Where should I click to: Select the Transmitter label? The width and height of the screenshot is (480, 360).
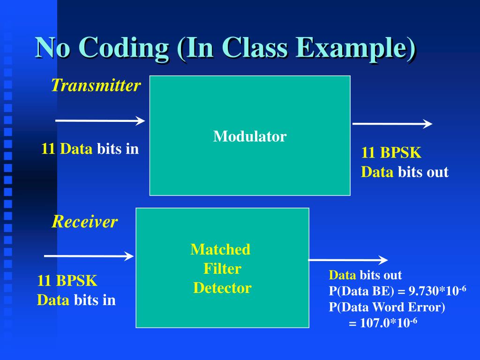tap(96, 85)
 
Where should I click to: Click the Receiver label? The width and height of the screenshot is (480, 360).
tap(84, 222)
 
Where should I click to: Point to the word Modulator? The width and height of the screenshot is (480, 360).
tap(250, 136)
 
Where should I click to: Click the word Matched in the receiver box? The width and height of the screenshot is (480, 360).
tap(220, 249)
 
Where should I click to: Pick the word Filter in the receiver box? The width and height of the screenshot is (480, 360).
tap(222, 269)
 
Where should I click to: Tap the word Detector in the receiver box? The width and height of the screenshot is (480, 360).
tap(222, 288)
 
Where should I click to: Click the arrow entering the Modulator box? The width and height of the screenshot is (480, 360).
tap(100, 121)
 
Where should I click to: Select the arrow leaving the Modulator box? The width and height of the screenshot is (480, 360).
tap(392, 124)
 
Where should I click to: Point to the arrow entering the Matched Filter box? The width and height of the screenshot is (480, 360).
tap(89, 256)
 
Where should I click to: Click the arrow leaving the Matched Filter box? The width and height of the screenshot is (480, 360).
tap(348, 260)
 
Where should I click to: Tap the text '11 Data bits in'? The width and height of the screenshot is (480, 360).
tap(90, 149)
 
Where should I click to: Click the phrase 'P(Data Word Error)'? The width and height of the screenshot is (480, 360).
tap(387, 307)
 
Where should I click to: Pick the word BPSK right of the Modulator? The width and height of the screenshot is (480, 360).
tap(400, 153)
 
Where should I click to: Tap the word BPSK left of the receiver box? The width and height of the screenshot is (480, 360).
tap(76, 281)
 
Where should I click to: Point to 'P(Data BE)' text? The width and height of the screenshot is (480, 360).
tap(360, 291)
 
